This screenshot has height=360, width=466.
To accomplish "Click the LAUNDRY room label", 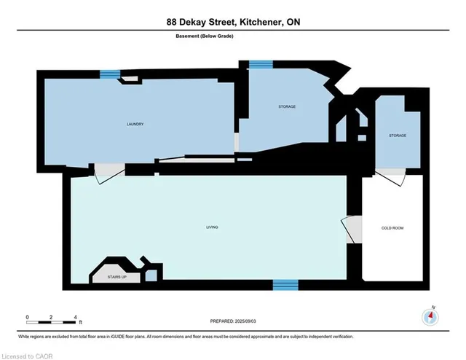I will click(x=135, y=124).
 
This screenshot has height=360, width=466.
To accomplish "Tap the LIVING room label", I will click(x=212, y=228).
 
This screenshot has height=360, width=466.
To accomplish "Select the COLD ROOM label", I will click(x=392, y=228).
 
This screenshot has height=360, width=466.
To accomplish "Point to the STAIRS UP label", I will click(x=116, y=277).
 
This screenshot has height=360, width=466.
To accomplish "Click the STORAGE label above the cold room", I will click(x=397, y=136).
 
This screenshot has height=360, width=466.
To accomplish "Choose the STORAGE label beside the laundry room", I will click(x=287, y=107).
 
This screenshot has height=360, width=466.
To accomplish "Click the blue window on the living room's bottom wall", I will click(x=285, y=284).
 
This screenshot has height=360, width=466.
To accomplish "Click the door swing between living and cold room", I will click(x=352, y=229).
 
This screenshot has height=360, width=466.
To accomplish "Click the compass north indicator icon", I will click(x=430, y=316).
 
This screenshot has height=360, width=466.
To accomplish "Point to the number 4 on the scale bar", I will click(x=75, y=317).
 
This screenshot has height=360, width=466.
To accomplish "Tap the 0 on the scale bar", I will click(x=27, y=317).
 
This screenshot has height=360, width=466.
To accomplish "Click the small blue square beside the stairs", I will click(x=151, y=275).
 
